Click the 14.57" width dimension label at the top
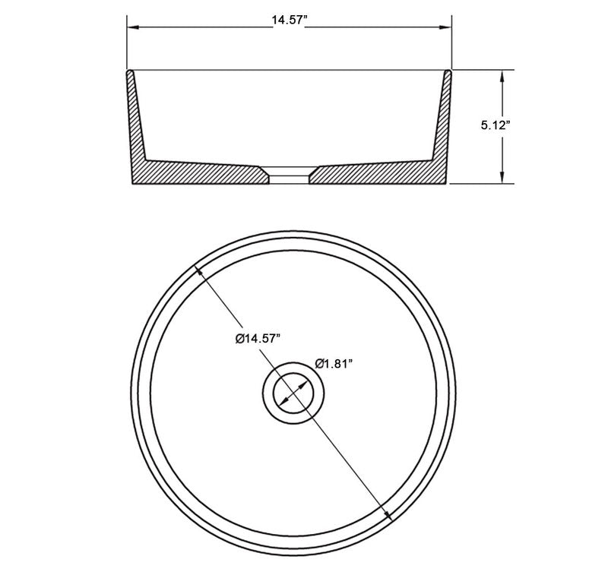coord(289,21)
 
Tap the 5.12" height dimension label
coord(494,127)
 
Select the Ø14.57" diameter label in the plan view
coord(258,338)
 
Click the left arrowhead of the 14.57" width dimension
coord(131,29)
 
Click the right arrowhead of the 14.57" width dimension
coord(448,29)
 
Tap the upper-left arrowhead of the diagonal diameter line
coord(200,270)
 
